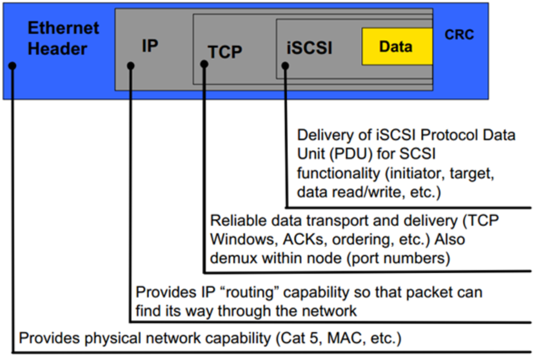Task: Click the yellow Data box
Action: pos(397,46)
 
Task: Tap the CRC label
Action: pos(459,35)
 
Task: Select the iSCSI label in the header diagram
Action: pos(309,48)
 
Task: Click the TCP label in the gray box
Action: pos(225,52)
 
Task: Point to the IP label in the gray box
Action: pos(150,45)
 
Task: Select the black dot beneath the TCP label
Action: pos(204,64)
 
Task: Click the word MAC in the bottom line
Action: pos(345,338)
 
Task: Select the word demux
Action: pos(234,258)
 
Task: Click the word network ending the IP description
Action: pos(330,312)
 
